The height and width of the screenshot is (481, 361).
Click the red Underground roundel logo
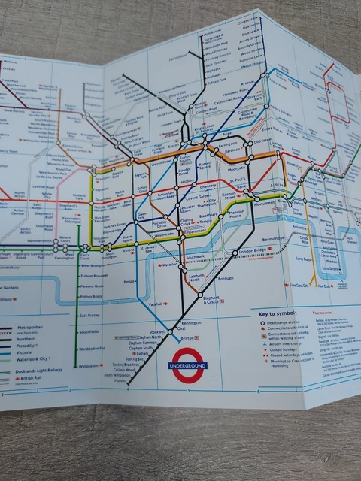(x=188, y=365)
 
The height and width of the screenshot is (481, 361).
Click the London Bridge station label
(x=253, y=250)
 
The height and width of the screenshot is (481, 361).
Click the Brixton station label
(x=190, y=339)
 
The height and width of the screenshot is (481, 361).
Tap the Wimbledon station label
(x=89, y=366)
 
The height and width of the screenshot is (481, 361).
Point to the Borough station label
(x=226, y=279)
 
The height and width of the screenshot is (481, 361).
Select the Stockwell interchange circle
(x=171, y=331)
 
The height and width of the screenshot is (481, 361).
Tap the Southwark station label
(x=195, y=256)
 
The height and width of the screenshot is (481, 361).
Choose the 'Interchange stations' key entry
(x=286, y=323)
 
